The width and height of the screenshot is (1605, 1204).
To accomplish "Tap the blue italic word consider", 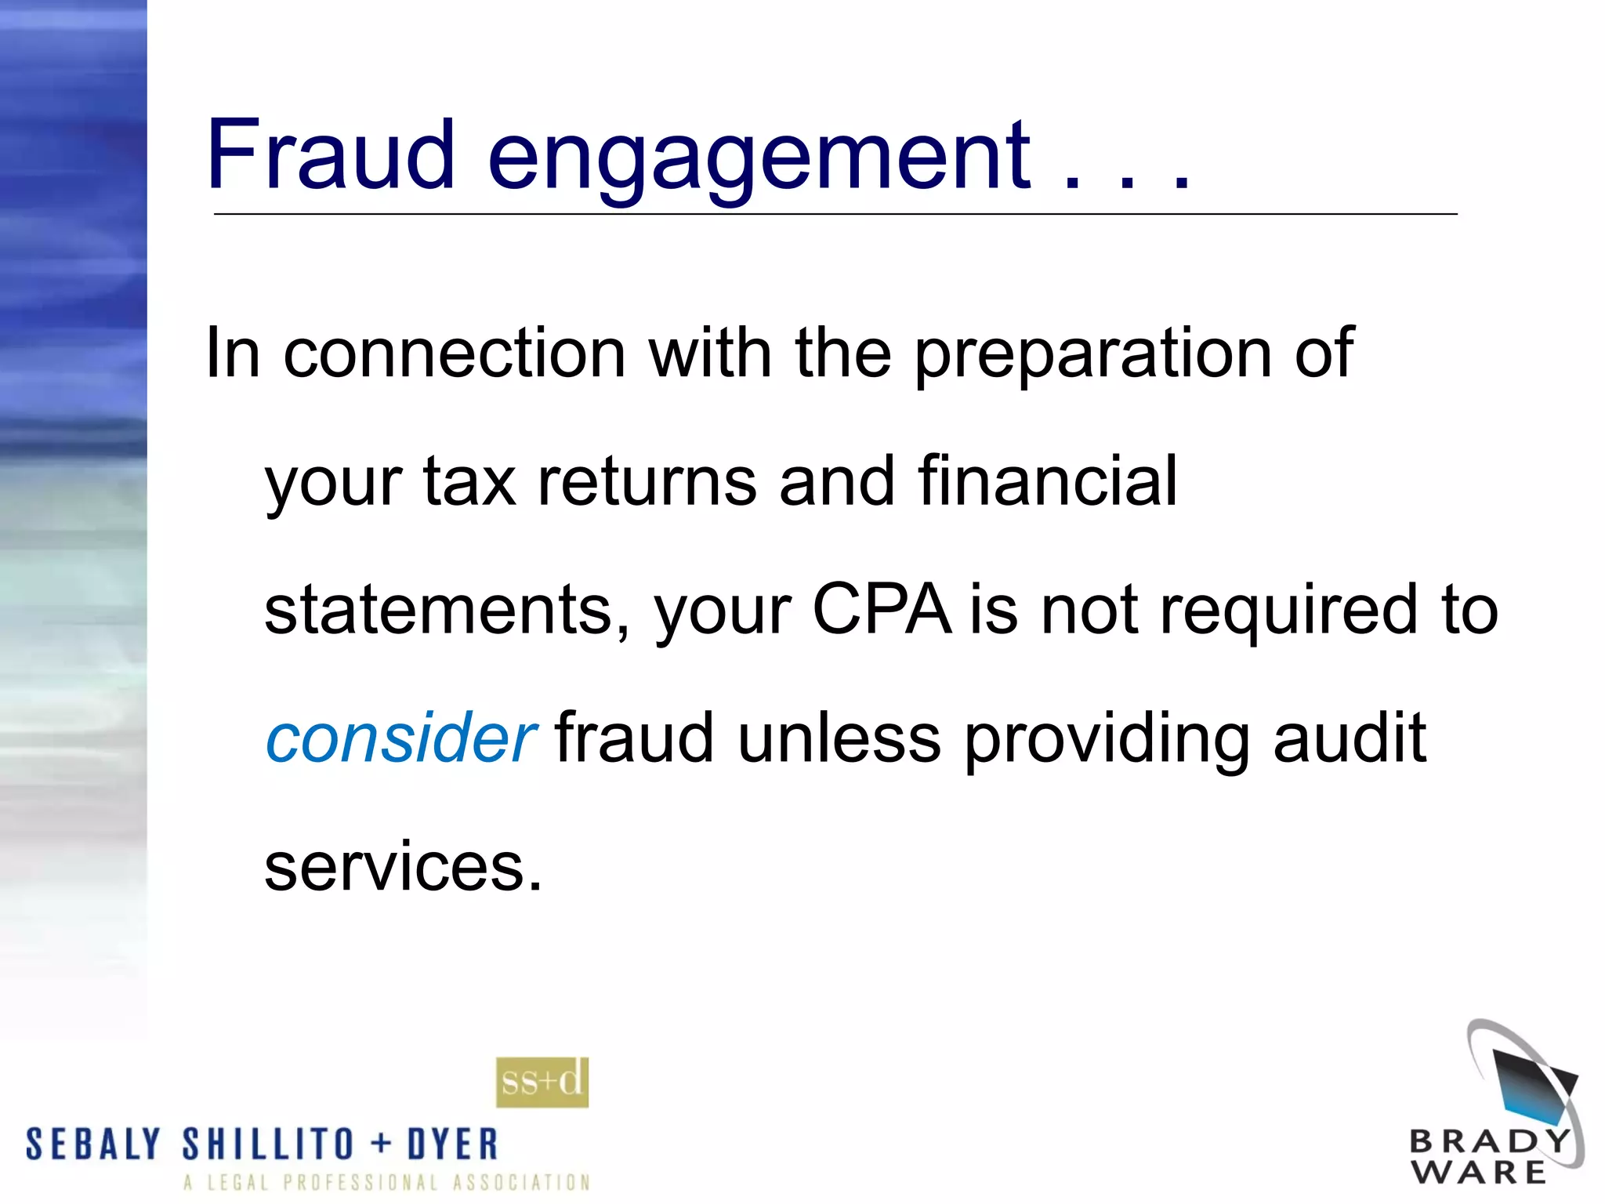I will point(400,738).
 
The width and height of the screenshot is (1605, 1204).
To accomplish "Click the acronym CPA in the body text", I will point(882,609).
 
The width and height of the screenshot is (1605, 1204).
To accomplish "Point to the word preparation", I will point(1093,355).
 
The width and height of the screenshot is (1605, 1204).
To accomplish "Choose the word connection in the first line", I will point(454,354).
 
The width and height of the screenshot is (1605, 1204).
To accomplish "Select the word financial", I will point(1047,481).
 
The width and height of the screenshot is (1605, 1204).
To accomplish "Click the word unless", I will point(839,738).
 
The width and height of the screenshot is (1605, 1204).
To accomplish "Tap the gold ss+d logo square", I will point(542,1083).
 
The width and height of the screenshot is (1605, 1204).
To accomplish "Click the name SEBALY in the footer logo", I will point(93,1144).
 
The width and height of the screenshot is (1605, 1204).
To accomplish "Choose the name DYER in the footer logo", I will point(452,1144).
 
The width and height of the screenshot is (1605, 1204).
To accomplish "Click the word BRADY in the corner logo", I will point(1490,1141).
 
